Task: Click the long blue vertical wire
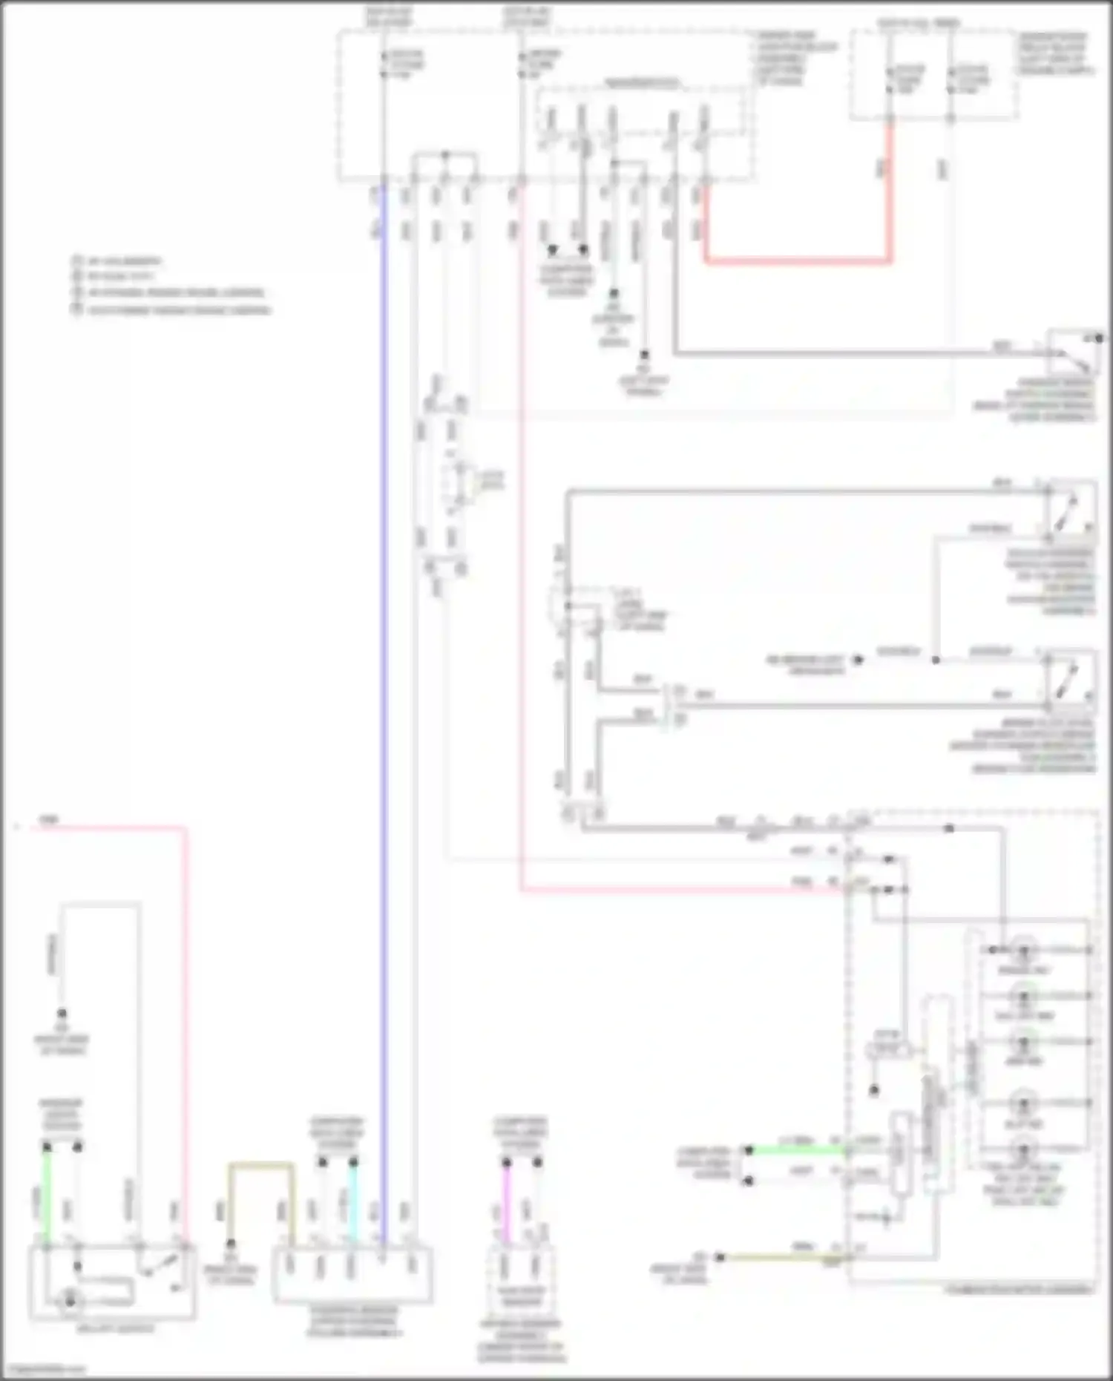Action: [384, 668]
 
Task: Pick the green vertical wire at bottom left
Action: [47, 1195]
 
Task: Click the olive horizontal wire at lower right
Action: [779, 1257]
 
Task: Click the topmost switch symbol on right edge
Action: [1074, 353]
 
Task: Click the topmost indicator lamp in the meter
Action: [1024, 950]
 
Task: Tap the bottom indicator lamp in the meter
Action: [1024, 1151]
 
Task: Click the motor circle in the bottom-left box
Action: [70, 1299]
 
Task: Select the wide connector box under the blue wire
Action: [353, 1275]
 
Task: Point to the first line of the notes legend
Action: [119, 261]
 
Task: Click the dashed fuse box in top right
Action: [933, 74]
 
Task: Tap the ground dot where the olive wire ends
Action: [718, 1256]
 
